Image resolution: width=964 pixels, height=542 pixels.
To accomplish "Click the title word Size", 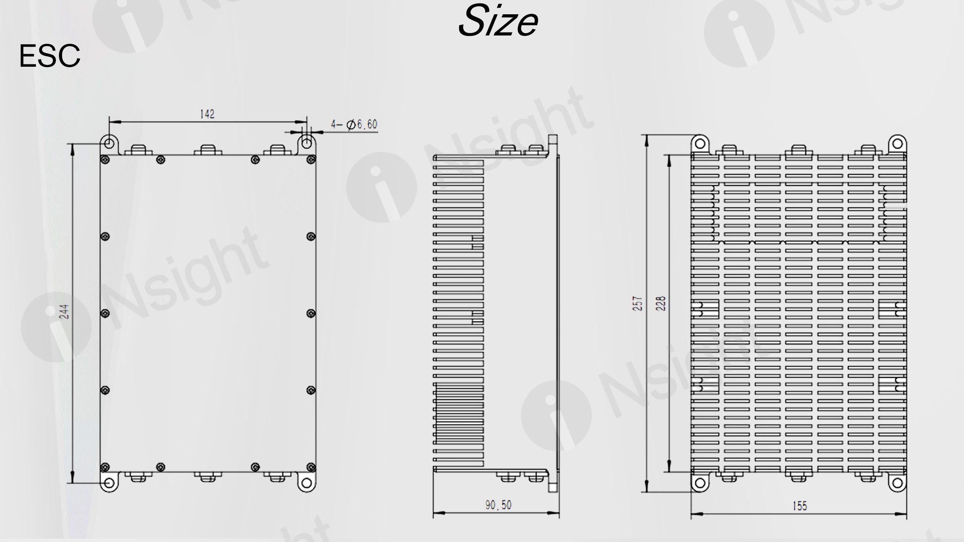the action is [498, 21].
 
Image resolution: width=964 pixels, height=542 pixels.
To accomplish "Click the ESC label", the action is [50, 56].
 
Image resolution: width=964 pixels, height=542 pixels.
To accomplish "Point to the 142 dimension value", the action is [207, 114].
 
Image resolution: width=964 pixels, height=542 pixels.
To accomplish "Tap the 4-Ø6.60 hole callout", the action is [354, 124].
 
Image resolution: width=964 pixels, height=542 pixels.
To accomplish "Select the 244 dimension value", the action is [65, 311].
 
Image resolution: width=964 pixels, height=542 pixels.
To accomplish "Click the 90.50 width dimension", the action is [498, 505].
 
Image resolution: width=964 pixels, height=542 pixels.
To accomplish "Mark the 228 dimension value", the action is [661, 303].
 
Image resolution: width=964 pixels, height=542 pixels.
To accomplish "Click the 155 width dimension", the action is [799, 506].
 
